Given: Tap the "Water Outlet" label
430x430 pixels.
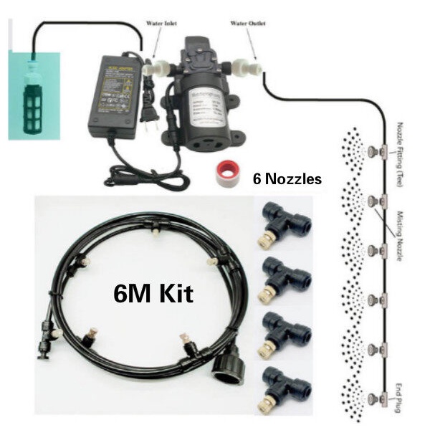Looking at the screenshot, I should [247, 24].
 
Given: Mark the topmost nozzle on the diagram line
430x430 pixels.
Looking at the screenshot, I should [373, 152].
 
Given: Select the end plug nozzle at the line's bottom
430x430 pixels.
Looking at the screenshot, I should [373, 398].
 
